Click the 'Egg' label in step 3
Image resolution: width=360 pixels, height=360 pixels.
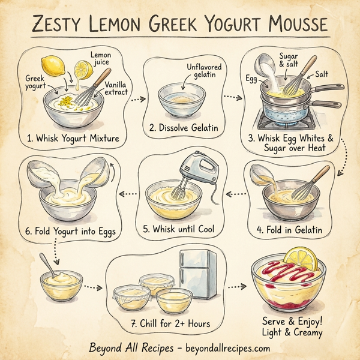(x=251, y=78)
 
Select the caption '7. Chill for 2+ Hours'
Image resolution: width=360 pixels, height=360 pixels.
(x=170, y=323)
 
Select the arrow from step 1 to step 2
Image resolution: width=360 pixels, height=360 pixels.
(x=138, y=100)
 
